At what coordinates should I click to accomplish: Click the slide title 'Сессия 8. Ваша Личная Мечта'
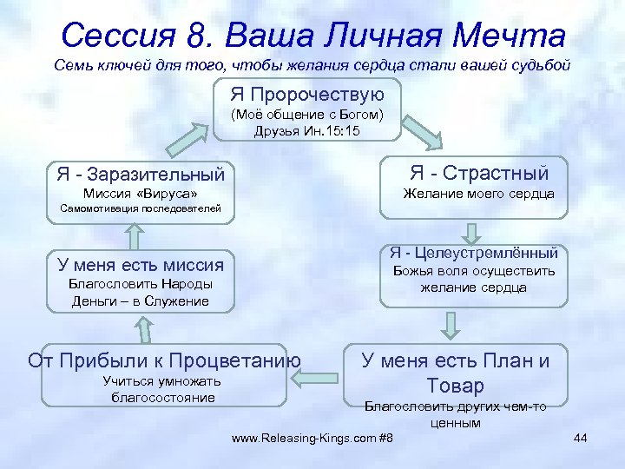pyautogui.click(x=313, y=36)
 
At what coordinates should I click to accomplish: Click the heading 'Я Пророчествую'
pyautogui.click(x=307, y=93)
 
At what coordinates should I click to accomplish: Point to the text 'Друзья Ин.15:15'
pyautogui.click(x=307, y=131)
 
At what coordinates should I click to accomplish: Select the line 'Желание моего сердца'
pyautogui.click(x=478, y=194)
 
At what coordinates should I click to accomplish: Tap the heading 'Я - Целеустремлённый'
pyautogui.click(x=474, y=253)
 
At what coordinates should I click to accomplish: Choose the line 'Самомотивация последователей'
pyautogui.click(x=140, y=208)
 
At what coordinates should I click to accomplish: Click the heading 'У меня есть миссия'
pyautogui.click(x=141, y=265)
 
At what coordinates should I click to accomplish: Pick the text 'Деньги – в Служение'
pyautogui.click(x=141, y=301)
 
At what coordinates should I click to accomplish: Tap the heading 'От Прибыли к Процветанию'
pyautogui.click(x=164, y=360)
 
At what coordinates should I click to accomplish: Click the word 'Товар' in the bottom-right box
pyautogui.click(x=455, y=385)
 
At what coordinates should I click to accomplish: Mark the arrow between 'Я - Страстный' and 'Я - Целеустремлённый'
pyautogui.click(x=471, y=232)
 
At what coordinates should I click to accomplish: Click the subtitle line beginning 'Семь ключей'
pyautogui.click(x=312, y=66)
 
